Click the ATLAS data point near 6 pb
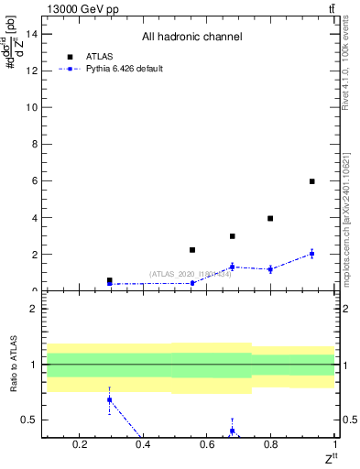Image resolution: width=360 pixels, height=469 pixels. point(312,181)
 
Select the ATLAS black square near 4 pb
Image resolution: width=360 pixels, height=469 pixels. point(270,218)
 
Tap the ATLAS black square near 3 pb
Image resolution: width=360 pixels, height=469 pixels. point(233,236)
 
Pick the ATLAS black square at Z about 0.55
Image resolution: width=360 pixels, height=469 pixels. point(192,250)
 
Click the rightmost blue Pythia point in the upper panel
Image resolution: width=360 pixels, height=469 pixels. point(312,254)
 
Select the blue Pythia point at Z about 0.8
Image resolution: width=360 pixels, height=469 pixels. point(270,269)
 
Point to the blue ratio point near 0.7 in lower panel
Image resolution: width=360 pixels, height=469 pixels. point(110,399)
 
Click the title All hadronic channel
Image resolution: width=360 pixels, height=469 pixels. point(191,38)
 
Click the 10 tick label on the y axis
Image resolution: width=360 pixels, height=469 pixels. point(31,107)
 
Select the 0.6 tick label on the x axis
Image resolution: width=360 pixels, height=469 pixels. point(207,446)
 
